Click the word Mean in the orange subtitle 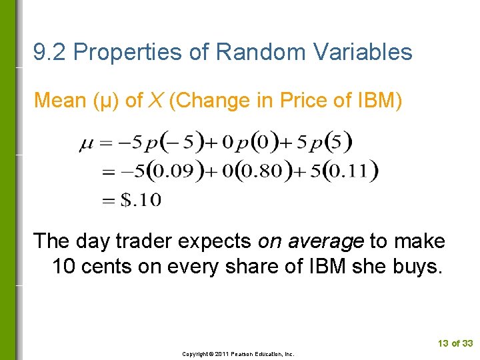tap(61, 101)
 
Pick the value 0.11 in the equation tap(351, 171)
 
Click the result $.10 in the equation tap(141, 199)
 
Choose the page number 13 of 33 tap(455, 343)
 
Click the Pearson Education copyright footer tap(239, 354)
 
